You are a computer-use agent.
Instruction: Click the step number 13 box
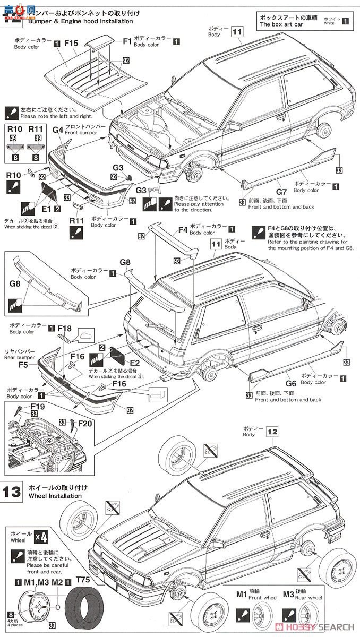[x=12, y=490]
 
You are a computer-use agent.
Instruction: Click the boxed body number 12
[x=272, y=432]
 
